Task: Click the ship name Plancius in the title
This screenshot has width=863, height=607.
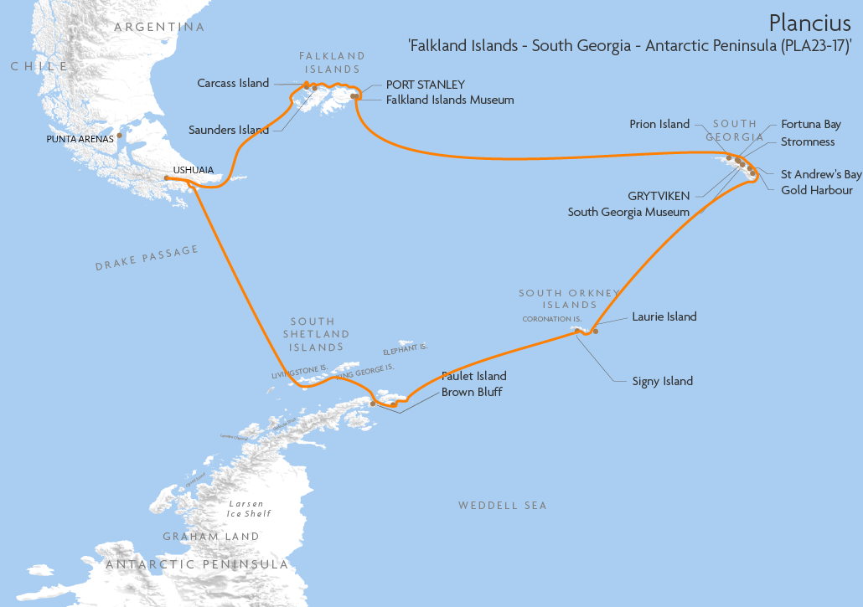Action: click(x=810, y=22)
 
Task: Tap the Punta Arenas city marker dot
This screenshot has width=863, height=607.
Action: click(x=120, y=135)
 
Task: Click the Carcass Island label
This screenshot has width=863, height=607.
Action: click(x=233, y=83)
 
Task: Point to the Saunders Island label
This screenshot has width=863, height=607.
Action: click(x=229, y=130)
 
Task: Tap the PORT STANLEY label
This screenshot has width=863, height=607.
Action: click(x=425, y=85)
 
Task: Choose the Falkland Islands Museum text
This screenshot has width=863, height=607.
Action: click(x=450, y=100)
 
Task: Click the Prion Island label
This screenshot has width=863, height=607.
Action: click(x=659, y=124)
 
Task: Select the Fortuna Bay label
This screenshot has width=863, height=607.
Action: click(x=811, y=124)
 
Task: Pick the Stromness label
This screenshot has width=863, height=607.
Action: click(x=808, y=141)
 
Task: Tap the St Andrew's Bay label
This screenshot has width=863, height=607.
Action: click(x=821, y=174)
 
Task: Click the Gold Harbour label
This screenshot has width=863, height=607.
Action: click(x=817, y=190)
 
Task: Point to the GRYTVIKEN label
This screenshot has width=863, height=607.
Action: click(x=659, y=196)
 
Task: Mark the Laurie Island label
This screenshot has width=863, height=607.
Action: click(x=664, y=316)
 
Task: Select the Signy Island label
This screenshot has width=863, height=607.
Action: click(x=663, y=381)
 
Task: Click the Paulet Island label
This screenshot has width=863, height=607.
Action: click(x=474, y=377)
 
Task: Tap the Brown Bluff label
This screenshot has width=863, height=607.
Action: click(x=472, y=392)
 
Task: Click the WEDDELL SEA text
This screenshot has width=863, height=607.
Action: click(x=502, y=506)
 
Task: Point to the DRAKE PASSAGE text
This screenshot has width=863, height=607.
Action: click(x=147, y=258)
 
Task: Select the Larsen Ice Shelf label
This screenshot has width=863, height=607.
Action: click(x=249, y=508)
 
